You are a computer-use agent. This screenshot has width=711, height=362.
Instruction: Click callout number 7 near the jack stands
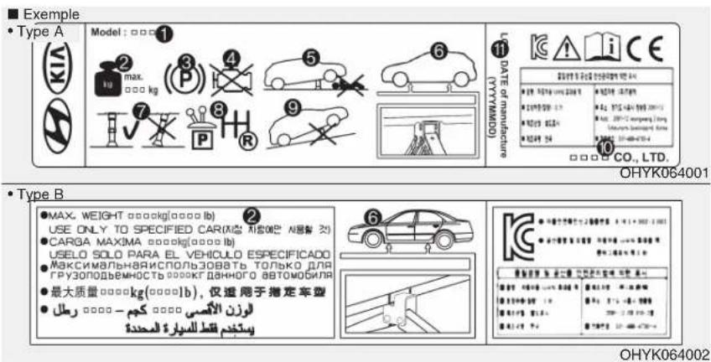click(139, 110)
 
